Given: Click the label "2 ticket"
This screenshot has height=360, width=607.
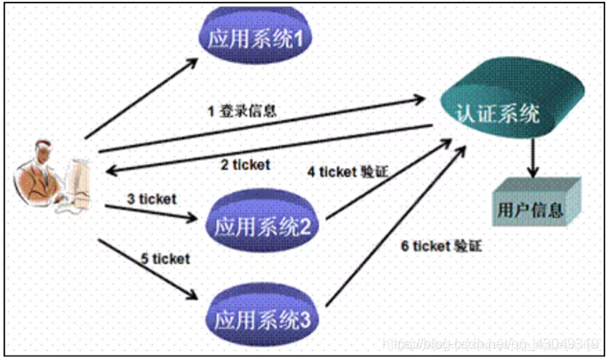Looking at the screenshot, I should (244, 164).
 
